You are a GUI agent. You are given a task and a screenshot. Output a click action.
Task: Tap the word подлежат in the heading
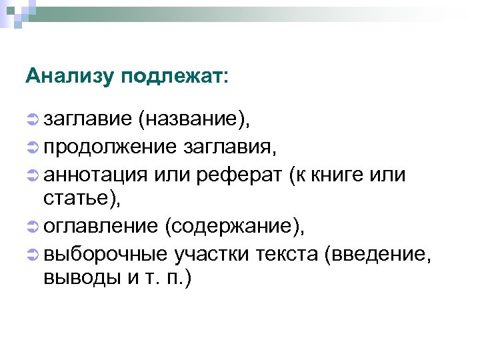[x=174, y=76]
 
